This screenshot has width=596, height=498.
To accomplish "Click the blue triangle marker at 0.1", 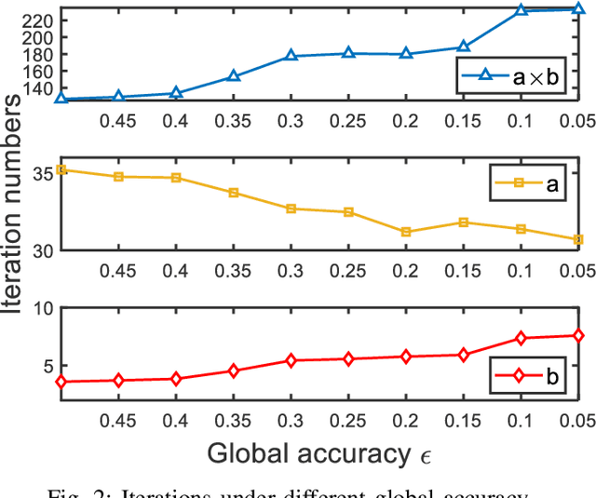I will [x=521, y=10].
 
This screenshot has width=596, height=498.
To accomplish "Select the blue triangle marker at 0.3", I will [x=291, y=56].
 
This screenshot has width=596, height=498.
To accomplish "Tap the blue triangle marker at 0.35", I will [x=234, y=76].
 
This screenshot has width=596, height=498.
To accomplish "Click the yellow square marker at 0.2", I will [x=406, y=232].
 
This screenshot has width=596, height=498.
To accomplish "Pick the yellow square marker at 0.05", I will [x=578, y=239].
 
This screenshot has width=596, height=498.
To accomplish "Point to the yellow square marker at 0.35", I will [x=234, y=193].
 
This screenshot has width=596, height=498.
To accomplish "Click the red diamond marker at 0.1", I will [x=521, y=338].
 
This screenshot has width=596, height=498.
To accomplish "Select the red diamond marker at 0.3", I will [x=291, y=360].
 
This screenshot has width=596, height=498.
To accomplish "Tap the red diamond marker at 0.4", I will [x=176, y=379].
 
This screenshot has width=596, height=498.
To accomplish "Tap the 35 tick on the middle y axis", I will [x=43, y=173].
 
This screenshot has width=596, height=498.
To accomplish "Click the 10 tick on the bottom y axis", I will [x=43, y=310].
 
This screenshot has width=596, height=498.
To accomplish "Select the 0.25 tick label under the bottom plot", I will [x=348, y=419].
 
